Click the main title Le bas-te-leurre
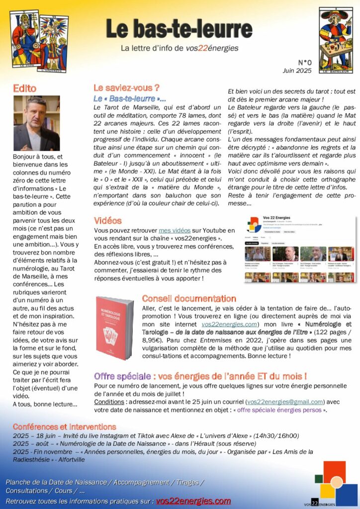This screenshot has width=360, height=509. (x=179, y=29)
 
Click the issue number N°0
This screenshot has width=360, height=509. (x=304, y=63)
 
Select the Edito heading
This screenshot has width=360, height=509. (x=25, y=88)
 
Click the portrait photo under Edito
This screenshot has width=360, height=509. (x=36, y=123)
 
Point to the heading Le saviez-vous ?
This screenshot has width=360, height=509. (x=126, y=88)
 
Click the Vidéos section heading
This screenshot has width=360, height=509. (x=107, y=220)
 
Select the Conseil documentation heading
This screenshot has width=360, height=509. (x=189, y=299)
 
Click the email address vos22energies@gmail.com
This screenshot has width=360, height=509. (x=285, y=402)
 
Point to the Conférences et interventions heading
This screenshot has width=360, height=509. (x=65, y=427)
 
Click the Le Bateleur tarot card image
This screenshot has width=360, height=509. (x=336, y=40)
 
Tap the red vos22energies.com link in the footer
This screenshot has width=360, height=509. (x=193, y=501)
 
